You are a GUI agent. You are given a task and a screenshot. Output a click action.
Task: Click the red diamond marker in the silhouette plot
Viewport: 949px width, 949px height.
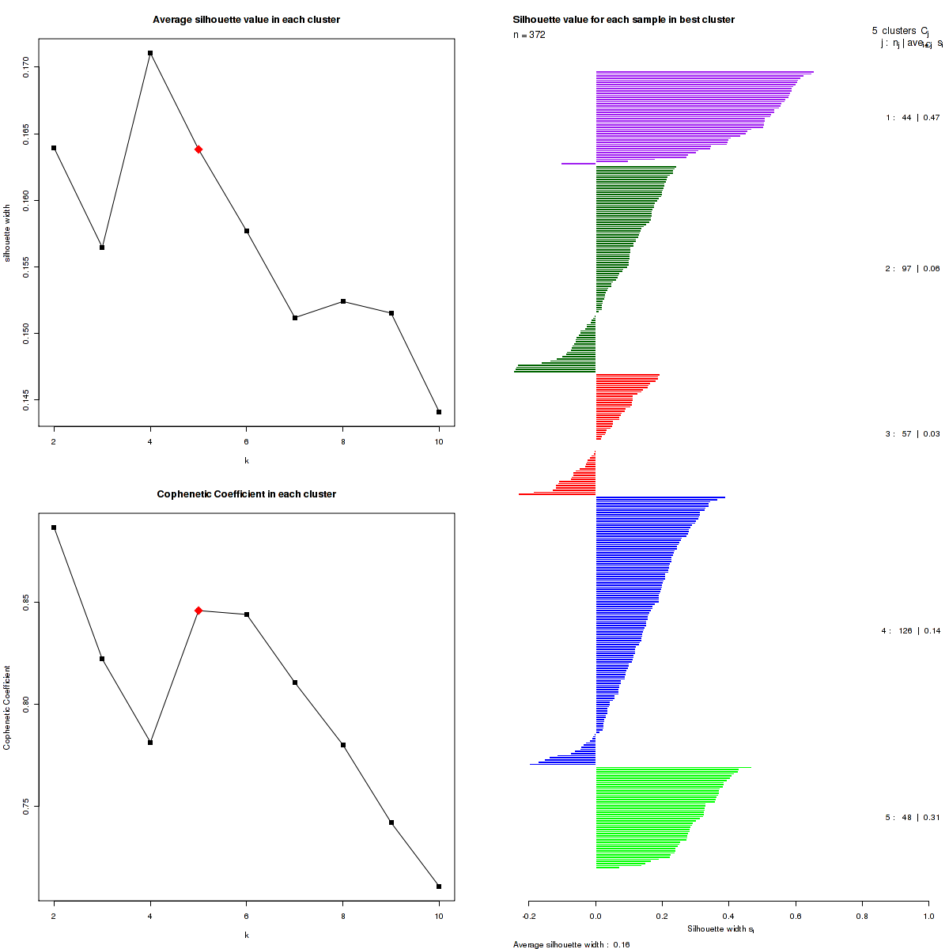point(198,149)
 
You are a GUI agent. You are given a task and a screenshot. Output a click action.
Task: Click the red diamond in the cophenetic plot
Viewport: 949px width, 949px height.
point(198,611)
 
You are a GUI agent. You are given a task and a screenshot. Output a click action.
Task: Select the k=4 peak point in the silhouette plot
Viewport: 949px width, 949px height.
point(150,53)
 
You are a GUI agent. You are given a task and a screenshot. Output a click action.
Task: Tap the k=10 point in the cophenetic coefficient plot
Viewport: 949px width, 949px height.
point(439,887)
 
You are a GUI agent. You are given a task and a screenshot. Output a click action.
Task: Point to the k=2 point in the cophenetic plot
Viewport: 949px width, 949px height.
point(54,527)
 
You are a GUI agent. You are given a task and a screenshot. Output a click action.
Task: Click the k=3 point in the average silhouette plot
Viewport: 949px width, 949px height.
point(102,248)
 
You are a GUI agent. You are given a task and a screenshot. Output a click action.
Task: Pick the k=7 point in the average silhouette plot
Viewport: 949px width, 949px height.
point(295,318)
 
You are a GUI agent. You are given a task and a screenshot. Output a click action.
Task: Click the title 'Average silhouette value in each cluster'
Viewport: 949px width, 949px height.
point(246,20)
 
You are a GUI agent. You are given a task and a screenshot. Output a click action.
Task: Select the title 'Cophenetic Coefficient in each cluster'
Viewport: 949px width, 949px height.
point(246,494)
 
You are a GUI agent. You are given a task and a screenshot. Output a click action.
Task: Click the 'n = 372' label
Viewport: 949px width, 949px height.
point(529,35)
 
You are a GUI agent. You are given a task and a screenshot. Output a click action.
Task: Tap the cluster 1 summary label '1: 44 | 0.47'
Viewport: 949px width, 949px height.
point(913,118)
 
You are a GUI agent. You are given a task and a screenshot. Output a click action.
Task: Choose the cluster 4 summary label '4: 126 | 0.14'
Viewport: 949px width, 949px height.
point(911,631)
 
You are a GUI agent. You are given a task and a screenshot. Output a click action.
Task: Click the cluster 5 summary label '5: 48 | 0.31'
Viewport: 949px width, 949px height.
point(913,818)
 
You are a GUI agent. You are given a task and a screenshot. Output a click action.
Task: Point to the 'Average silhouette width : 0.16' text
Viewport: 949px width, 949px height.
point(571,944)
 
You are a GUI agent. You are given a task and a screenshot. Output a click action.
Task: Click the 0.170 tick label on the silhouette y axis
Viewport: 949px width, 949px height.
point(26,67)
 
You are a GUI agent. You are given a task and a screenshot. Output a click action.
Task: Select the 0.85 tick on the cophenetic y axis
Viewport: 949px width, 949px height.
point(26,603)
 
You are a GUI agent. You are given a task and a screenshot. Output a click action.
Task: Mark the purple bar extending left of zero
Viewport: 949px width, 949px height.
point(578,164)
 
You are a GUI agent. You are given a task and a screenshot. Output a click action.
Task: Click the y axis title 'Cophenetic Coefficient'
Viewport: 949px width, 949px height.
point(7,708)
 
